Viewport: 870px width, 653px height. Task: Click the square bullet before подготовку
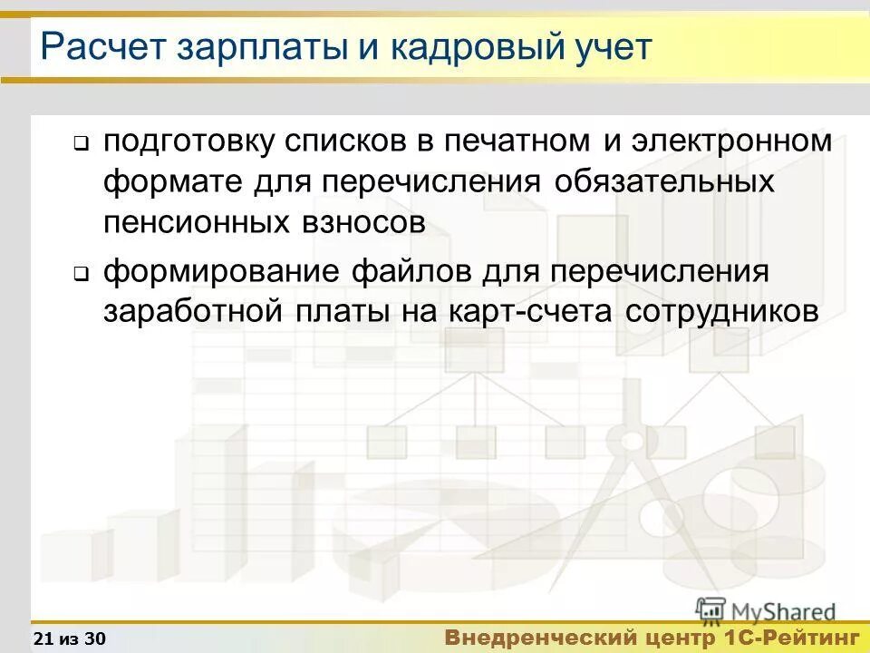click(80, 143)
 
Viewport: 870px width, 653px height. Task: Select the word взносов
click(368, 221)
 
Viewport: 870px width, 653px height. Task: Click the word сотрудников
click(721, 311)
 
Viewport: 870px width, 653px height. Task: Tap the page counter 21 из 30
click(69, 638)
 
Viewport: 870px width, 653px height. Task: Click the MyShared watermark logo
click(765, 610)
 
